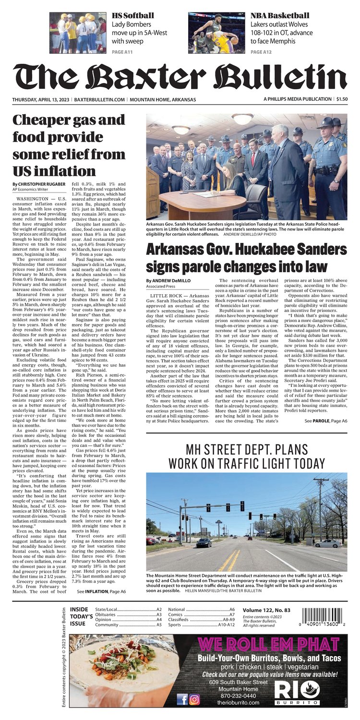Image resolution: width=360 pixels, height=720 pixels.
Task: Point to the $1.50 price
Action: pyautogui.click(x=342, y=99)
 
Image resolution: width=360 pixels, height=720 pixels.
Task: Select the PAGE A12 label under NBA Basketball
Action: pyautogui.click(x=263, y=52)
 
